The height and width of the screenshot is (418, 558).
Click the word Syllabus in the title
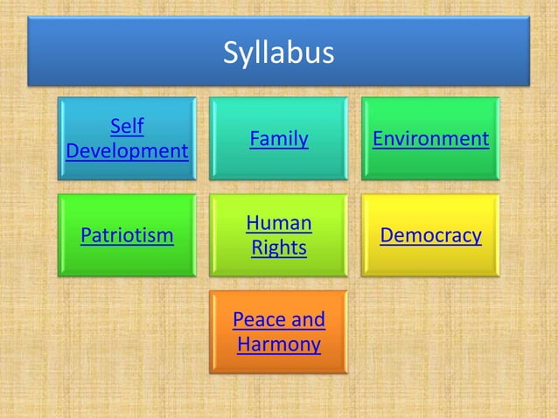(278, 52)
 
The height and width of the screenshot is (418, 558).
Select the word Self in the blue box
(127, 127)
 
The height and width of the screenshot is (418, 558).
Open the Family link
(278, 138)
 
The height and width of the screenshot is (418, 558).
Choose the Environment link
(430, 138)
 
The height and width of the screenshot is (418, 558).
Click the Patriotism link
(127, 235)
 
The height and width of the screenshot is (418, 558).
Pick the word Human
(278, 223)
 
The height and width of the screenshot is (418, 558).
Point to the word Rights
(278, 247)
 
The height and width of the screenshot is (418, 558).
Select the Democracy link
(430, 235)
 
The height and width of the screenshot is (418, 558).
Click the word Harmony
(278, 344)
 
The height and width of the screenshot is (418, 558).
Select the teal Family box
(278, 164)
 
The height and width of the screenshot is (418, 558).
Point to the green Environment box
(430, 164)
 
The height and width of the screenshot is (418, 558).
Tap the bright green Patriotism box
(127, 261)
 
